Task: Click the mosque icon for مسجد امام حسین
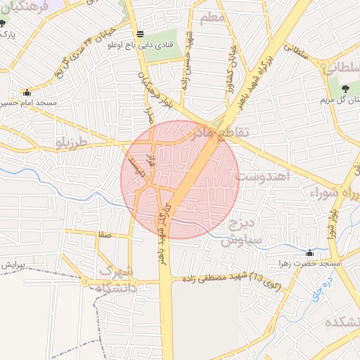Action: point(27,92)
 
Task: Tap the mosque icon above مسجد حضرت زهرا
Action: point(309,252)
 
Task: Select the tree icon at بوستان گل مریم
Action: point(345,88)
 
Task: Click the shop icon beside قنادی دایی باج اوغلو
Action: point(140,34)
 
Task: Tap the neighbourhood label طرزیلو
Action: point(73,143)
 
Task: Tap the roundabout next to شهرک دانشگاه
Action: point(86,282)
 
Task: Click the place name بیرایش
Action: point(13,266)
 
